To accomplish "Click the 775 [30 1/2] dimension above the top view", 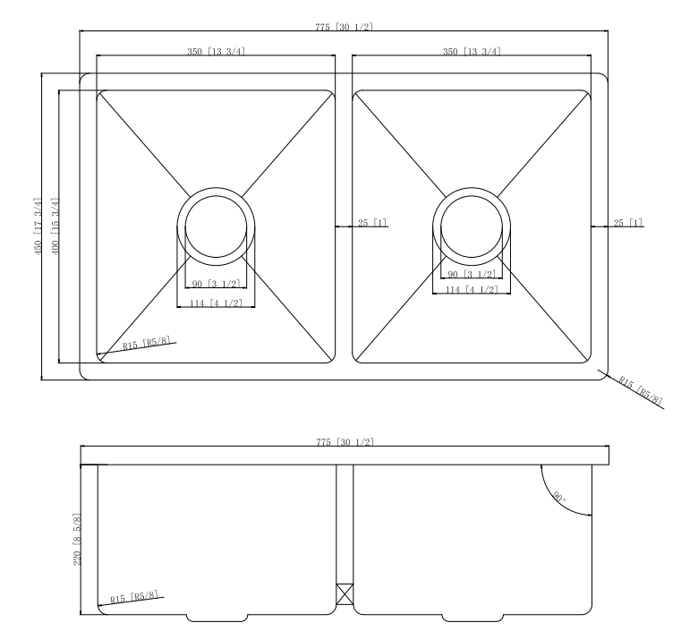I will (345, 27).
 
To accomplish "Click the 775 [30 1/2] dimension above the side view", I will (345, 443).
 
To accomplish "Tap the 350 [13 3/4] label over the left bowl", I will (216, 51).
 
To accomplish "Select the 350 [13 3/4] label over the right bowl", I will (472, 51).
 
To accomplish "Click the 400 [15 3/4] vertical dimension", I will (55, 226).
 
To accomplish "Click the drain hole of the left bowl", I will (216, 224).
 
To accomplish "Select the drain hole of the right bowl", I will (471, 224).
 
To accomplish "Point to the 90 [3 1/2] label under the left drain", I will (215, 285).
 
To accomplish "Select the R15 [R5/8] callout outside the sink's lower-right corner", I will (641, 390).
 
